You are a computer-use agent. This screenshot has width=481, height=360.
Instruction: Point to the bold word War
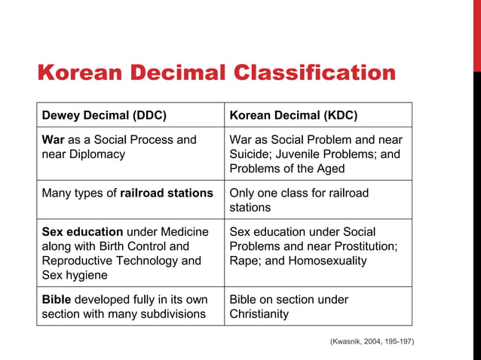(54, 140)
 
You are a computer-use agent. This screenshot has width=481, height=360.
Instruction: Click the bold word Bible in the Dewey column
(57, 300)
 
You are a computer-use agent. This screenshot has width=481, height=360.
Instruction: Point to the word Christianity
(259, 314)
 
